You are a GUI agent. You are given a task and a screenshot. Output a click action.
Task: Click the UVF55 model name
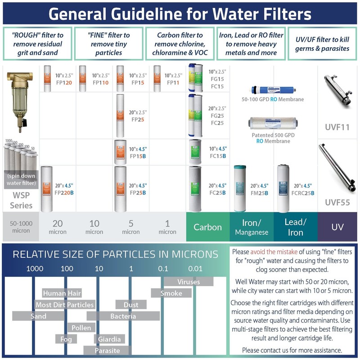coord(337,202)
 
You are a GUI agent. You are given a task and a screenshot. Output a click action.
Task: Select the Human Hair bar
coord(62,293)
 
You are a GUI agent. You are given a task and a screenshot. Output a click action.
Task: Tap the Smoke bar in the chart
coord(171,293)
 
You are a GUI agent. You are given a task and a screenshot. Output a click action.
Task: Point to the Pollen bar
coord(81,328)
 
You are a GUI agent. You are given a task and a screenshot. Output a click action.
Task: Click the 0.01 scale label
coord(195,269)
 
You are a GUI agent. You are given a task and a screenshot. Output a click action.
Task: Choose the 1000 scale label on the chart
coord(35,269)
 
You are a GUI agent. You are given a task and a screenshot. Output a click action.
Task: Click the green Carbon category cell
coord(207,227)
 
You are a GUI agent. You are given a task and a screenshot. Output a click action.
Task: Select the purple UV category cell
coord(337,227)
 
